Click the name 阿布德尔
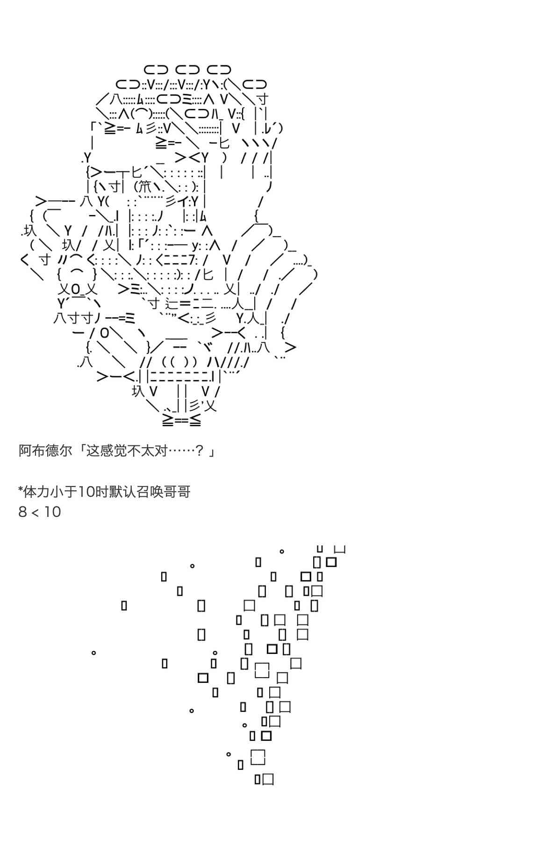tap(45, 451)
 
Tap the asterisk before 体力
tap(21, 490)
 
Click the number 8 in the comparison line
tap(22, 512)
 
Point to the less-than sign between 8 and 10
tap(35, 513)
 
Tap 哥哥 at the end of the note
tap(177, 492)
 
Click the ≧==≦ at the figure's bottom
tap(182, 420)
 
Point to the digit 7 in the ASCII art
tap(196, 259)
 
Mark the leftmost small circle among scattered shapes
tap(93, 652)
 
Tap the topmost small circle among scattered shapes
tap(282, 552)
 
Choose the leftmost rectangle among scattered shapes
tap(124, 606)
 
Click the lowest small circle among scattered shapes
tap(229, 754)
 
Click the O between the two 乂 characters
tap(76, 288)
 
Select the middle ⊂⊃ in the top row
tap(188, 70)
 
